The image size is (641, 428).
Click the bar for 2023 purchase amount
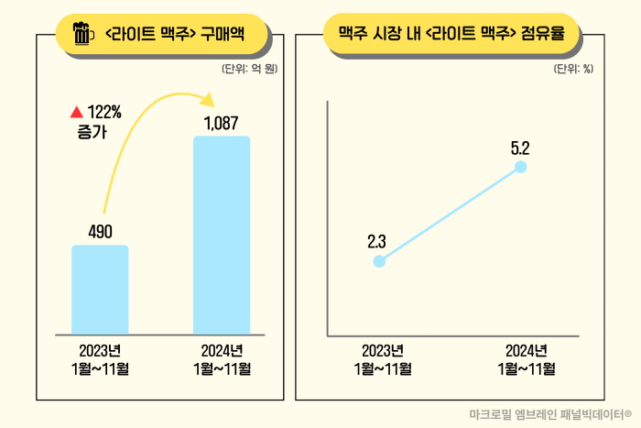click(100, 290)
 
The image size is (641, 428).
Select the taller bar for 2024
click(221, 236)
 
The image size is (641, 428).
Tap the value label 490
click(100, 232)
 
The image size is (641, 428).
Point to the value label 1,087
click(221, 123)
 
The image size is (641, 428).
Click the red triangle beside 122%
click(76, 113)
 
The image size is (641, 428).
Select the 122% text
click(105, 113)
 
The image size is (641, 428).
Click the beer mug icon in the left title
click(82, 36)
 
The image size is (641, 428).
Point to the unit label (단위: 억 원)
click(249, 69)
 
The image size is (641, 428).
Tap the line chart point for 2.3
click(380, 261)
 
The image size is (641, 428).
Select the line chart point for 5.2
click(521, 167)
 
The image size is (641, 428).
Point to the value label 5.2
click(521, 146)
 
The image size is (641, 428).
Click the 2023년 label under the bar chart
click(100, 351)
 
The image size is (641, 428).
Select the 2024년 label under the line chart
click(527, 351)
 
